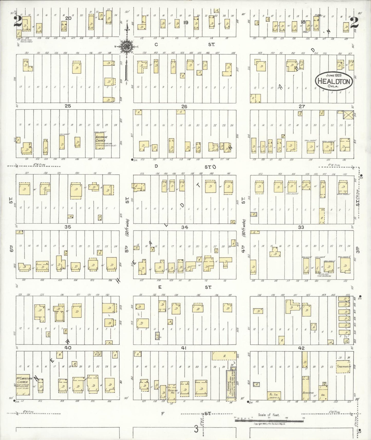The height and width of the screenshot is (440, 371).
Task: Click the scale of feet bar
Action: tap(269, 421)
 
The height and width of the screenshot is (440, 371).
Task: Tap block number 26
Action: tap(184, 107)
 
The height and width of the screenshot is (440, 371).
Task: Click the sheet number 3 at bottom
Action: tap(196, 429)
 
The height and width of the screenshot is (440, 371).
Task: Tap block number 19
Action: tap(186, 22)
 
